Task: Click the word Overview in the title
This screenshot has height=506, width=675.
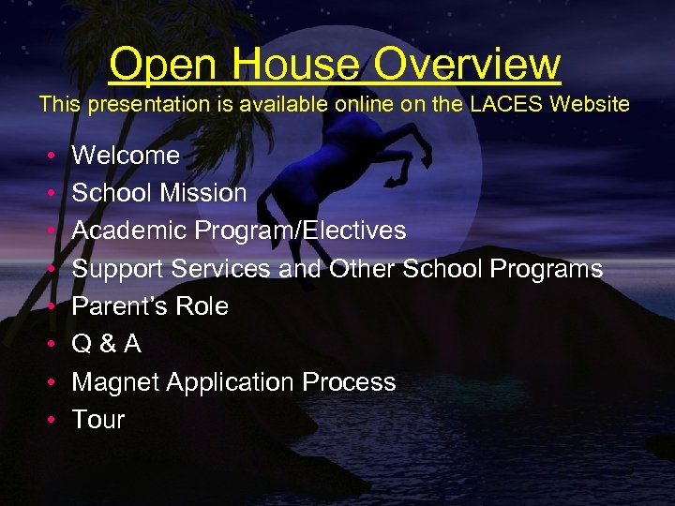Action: tap(467, 65)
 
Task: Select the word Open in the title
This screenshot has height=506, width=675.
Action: tap(164, 65)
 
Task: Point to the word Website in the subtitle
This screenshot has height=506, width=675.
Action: tap(590, 104)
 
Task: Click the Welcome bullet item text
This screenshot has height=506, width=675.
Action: tap(126, 155)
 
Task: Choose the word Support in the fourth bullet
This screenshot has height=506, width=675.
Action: tap(118, 269)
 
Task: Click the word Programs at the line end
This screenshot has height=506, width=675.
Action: tap(554, 269)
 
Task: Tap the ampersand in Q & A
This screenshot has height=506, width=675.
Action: tap(106, 345)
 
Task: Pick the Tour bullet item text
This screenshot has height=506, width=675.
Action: tap(98, 420)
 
